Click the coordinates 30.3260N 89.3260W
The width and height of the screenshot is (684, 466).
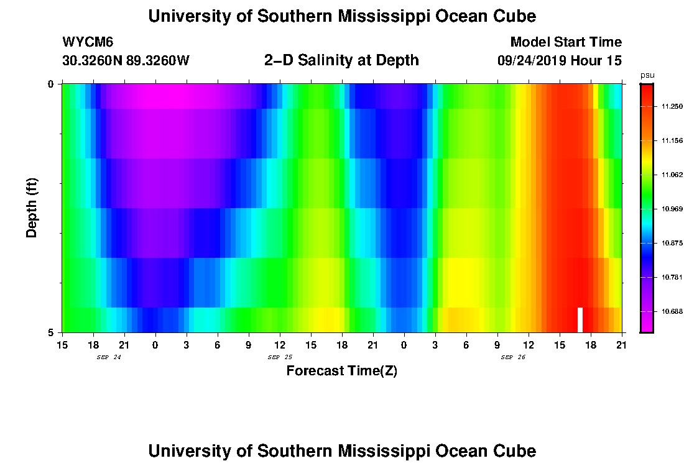pos(126,61)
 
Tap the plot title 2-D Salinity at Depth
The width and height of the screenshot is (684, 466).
pos(341,60)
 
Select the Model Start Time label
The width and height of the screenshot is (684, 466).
pos(565,42)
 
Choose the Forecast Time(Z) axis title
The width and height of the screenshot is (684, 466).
pos(341,372)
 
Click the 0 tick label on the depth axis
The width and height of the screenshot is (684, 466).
pos(52,84)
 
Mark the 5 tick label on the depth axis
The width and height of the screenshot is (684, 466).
pos(52,332)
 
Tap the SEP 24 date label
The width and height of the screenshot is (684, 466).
pos(109,357)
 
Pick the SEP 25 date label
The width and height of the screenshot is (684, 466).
pos(280,357)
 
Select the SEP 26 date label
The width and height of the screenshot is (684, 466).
pos(513,357)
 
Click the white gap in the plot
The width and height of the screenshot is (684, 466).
pos(580,319)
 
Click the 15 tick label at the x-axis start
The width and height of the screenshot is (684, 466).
pos(62,344)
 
